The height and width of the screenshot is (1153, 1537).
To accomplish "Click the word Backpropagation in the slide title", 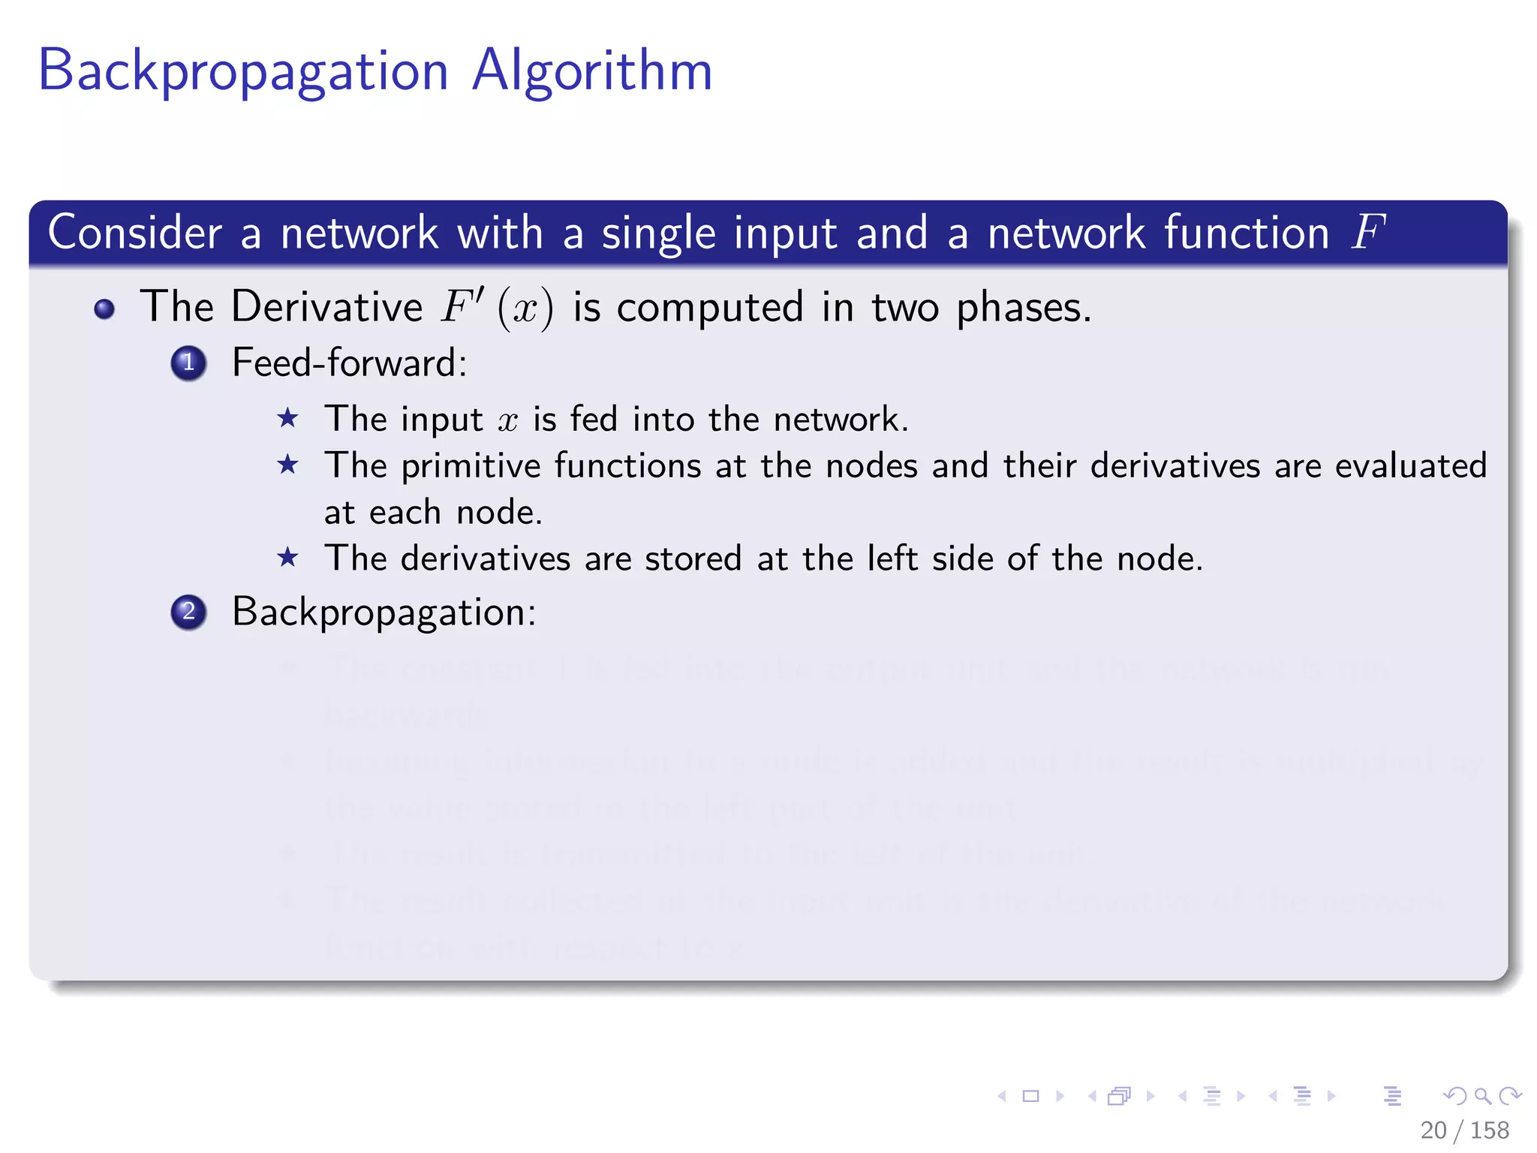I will pos(243,71).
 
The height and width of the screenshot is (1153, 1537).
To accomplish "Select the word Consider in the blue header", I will pos(135,232).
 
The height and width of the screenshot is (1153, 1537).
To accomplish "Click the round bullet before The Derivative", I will pos(104,309).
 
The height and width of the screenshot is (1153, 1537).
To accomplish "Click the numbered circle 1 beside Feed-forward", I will pos(188,363).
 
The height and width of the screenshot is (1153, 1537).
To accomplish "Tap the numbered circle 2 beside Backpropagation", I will pos(188,612).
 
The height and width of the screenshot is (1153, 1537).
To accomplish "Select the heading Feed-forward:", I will pos(349,363).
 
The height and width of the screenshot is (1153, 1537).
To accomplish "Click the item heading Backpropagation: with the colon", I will pos(384,612).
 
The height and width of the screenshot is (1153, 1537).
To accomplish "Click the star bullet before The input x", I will pos(287,418).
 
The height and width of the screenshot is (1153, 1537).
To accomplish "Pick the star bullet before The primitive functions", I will pos(287,465).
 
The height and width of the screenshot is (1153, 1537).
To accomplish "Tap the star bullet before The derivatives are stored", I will pos(287,558).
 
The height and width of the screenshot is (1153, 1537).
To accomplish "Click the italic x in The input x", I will pos(508,420).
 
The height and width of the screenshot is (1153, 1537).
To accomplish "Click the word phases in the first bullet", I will pos(1022,308).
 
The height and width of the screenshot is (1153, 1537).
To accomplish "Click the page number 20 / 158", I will pos(1464,1130).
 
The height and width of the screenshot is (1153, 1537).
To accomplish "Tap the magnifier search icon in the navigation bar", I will pos(1482,1096).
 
